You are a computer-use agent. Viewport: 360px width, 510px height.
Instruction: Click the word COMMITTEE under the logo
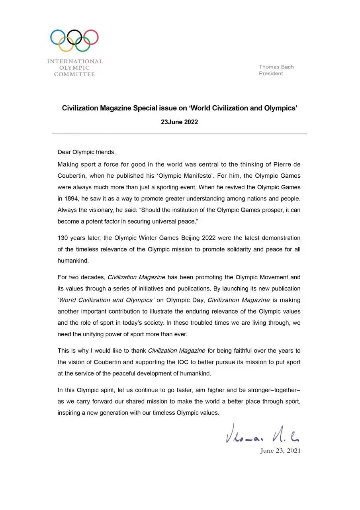point(74,74)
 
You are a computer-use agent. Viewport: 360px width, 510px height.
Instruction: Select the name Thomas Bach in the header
point(276,67)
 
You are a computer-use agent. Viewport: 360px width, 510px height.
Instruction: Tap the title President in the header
point(271,73)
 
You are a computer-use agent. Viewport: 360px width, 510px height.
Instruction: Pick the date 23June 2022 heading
point(179,122)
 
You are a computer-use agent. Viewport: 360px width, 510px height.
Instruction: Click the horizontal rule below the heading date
point(179,134)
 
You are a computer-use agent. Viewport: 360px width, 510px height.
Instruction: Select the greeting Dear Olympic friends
point(86,152)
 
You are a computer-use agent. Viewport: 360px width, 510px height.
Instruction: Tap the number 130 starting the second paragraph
point(63,238)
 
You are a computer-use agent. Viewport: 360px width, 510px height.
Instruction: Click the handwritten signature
point(262,434)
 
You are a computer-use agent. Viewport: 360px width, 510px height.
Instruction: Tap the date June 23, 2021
point(280,451)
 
